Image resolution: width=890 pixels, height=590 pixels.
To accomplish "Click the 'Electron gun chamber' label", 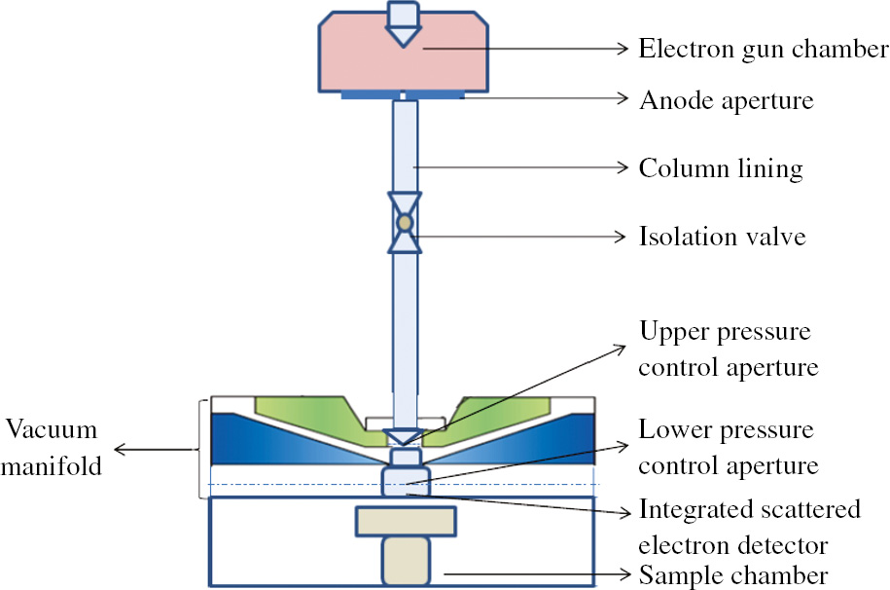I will pos(763,49).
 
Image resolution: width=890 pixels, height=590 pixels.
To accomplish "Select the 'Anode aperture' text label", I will pos(725,99).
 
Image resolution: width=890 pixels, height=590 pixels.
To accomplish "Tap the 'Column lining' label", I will pos(721,168).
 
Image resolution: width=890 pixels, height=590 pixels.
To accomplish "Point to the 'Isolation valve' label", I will pos(722,236).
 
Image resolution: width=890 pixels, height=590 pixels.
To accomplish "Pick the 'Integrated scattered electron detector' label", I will pos(750,527).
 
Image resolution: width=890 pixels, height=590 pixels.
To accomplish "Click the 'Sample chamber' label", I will pos(733,573).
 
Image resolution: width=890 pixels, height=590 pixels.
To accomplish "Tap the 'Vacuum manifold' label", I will pos(53,447).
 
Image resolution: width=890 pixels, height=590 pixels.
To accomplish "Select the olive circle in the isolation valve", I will pos(404,224).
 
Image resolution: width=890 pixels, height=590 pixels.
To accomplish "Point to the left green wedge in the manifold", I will pos(302,417).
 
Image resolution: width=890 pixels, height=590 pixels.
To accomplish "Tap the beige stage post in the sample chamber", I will pos(405,563).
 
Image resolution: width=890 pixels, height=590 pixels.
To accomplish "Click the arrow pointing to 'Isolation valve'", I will pos(516,236).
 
